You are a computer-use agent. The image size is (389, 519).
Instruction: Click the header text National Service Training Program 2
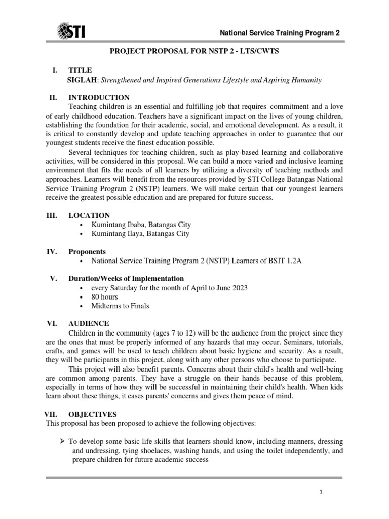(x=279, y=33)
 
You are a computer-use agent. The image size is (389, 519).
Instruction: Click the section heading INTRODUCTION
(x=99, y=97)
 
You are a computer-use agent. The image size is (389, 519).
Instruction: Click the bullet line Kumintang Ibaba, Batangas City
(x=141, y=225)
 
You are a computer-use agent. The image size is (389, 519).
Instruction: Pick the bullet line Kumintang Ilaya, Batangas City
(x=140, y=234)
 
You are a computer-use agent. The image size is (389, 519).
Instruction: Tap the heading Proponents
(x=87, y=251)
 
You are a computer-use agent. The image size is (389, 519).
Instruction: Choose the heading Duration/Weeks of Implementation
(x=126, y=279)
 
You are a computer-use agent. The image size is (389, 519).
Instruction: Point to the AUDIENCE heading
(x=89, y=323)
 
